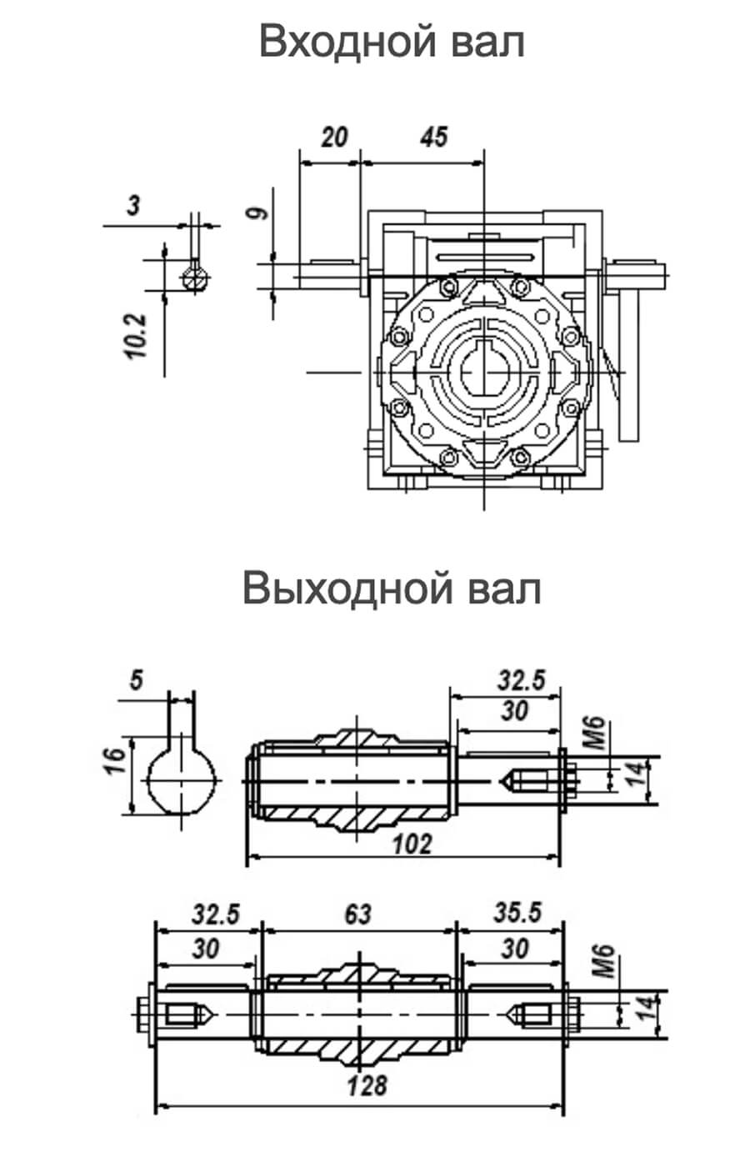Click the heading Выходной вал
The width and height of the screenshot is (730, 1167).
392,589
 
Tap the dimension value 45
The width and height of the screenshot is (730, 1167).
433,137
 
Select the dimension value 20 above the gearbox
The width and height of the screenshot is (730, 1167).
334,138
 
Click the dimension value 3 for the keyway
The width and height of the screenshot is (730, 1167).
134,205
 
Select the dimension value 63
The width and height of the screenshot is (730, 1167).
358,915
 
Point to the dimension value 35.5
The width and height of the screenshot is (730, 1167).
517,913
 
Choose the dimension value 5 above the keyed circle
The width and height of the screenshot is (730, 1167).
136,680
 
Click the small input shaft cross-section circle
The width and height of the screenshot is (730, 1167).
197,278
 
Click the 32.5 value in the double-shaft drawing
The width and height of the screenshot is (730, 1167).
216,914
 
